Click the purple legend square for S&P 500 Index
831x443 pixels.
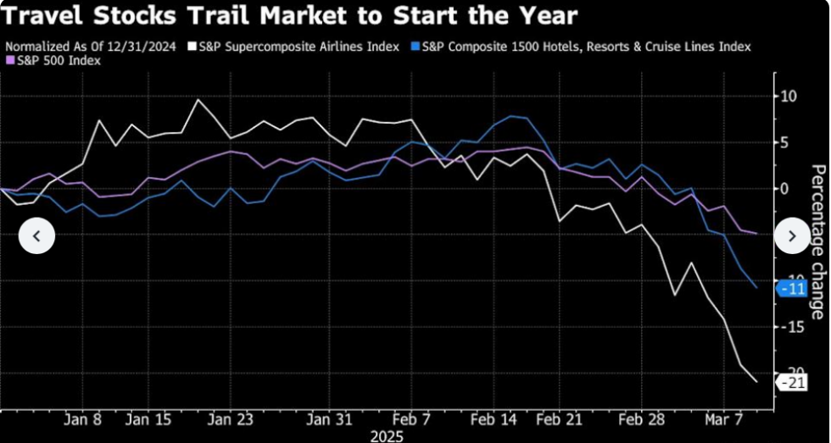click(x=9, y=60)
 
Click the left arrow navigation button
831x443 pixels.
click(x=37, y=235)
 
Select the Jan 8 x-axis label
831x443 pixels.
click(x=82, y=418)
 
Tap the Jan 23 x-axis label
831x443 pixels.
click(x=231, y=418)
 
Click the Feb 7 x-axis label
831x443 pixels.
click(x=414, y=418)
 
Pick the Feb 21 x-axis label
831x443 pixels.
click(x=561, y=418)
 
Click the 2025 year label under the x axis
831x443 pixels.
click(x=388, y=435)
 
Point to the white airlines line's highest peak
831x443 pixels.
click(x=198, y=100)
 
